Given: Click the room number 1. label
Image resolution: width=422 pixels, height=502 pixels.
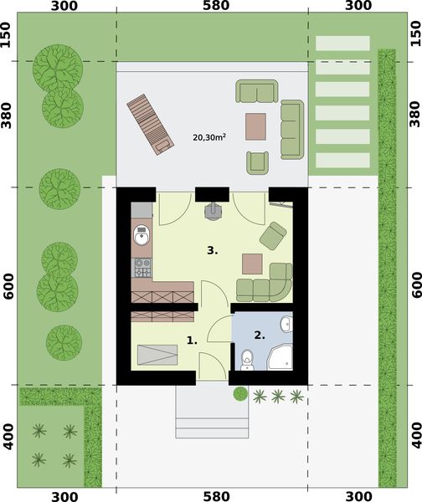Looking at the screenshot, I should [192, 341].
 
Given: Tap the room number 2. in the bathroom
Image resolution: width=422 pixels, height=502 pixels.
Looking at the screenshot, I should [260, 336].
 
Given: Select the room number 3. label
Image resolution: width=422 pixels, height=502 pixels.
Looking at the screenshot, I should [214, 249].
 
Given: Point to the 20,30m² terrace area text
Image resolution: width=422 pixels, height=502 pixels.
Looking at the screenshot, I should [209, 136].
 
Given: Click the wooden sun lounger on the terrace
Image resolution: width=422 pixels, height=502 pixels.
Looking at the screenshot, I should [151, 124].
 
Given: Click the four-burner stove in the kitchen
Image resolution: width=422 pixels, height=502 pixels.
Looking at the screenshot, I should [142, 268].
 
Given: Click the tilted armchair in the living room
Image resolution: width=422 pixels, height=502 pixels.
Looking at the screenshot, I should [273, 235].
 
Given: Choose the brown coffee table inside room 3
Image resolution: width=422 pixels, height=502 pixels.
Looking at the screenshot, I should [252, 264].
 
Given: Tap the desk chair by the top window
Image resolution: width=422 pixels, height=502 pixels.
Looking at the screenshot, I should [213, 212].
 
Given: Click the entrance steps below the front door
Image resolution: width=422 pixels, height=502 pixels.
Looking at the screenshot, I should [212, 414].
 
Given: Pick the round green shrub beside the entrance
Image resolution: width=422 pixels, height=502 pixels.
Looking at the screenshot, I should [240, 393].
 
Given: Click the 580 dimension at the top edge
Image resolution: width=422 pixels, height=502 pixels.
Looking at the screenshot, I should [213, 6].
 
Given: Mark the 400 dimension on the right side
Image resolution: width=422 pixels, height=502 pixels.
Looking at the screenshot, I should [416, 436].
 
